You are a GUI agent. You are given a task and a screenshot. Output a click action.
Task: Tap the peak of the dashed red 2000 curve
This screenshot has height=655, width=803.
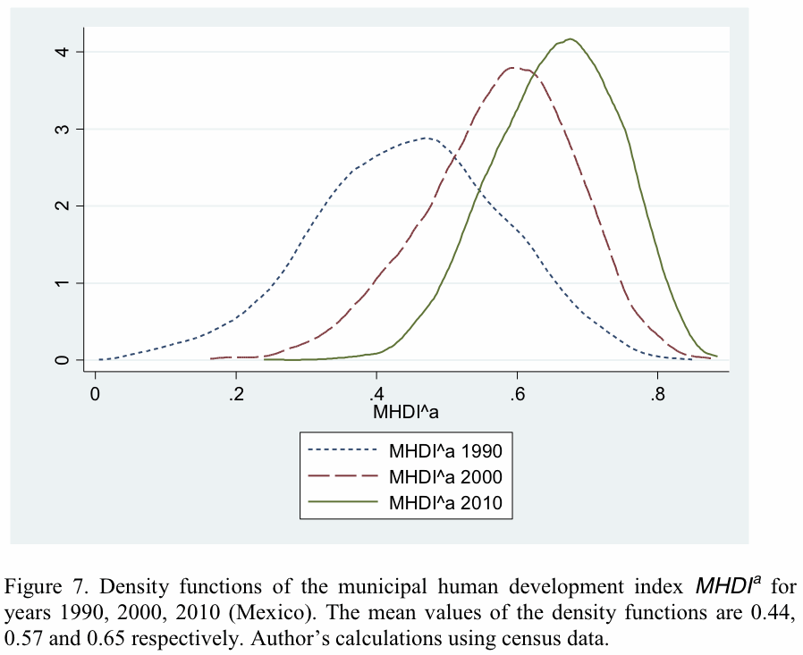point(517,67)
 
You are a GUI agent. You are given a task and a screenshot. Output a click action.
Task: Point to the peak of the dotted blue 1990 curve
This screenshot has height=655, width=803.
point(427,138)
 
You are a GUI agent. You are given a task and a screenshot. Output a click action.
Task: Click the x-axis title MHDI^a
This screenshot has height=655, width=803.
point(405,413)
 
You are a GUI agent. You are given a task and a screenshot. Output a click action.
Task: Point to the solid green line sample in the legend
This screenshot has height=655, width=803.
point(343,503)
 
